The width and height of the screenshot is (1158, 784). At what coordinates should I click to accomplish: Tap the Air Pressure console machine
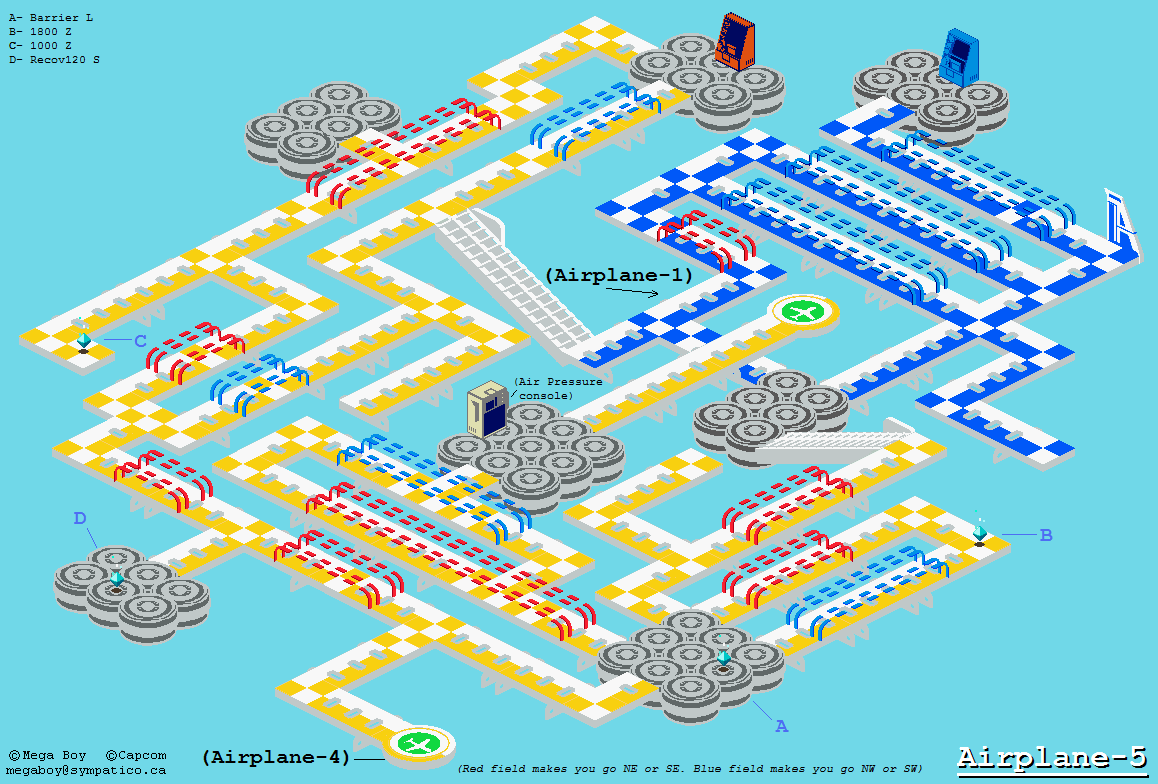(488, 408)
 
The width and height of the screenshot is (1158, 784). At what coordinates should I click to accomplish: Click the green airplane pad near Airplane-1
(803, 311)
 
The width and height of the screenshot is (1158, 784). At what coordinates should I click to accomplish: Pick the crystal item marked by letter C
(83, 341)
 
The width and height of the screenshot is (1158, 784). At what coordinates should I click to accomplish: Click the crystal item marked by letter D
(117, 579)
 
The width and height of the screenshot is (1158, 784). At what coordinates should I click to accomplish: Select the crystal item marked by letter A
(724, 657)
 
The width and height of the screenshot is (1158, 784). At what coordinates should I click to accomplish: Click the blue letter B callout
(1046, 535)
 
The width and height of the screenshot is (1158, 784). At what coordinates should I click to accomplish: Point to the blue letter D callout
(80, 518)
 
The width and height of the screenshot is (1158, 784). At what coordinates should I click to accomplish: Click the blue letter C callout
(140, 341)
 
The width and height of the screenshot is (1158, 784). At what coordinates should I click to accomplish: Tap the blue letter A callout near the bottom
(781, 726)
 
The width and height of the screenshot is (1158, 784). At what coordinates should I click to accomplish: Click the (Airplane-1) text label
(619, 275)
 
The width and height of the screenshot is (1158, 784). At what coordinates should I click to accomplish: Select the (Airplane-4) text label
(275, 757)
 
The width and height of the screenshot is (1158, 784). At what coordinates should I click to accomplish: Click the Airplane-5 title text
(1052, 758)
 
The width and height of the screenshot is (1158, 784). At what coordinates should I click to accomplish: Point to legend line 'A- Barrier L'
(51, 18)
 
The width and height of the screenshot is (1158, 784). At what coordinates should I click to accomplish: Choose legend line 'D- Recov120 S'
(54, 60)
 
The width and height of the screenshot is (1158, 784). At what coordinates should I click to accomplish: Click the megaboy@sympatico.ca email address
(86, 770)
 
